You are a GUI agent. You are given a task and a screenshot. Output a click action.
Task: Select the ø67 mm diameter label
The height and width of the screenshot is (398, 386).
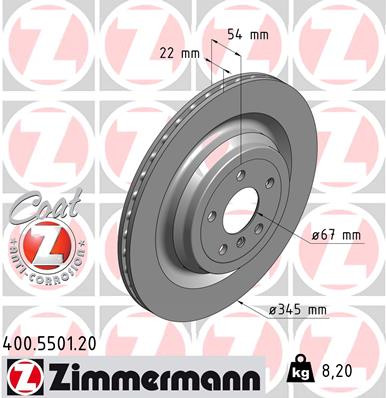335,235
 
